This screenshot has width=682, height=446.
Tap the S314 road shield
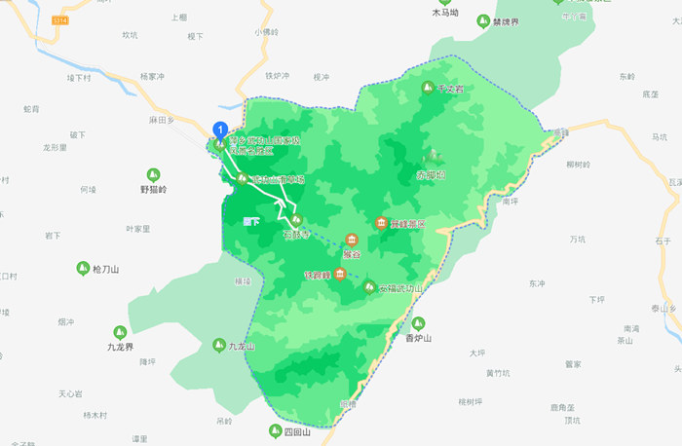tap(62, 19)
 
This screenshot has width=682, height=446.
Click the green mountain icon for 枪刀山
tap(82, 268)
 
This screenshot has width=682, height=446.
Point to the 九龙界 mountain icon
tap(120, 332)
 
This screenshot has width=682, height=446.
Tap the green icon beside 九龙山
tap(219, 345)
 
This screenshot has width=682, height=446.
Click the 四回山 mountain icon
tap(276, 430)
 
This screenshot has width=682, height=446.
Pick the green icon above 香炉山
tap(417, 323)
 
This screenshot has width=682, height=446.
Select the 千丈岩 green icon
tap(426, 89)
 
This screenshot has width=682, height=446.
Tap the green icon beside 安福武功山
tap(370, 287)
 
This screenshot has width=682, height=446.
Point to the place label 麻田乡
tap(161, 119)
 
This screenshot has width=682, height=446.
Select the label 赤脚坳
tap(430, 175)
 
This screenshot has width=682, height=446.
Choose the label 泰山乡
tap(663, 309)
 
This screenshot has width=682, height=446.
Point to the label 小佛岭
tap(266, 32)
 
